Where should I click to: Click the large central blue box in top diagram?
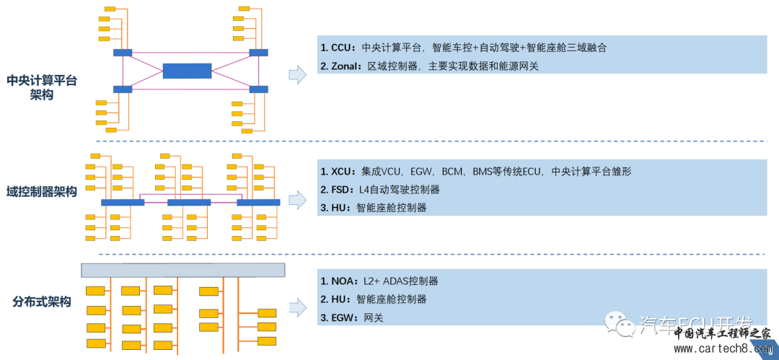188,71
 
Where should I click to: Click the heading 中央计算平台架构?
42,87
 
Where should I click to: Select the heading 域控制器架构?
42,191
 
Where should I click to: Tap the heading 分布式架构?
42,302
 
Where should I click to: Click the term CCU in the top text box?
340,48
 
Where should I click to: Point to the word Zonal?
344,66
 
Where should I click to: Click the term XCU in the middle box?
340,172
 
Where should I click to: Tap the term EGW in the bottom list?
342,317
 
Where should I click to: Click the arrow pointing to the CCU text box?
296,74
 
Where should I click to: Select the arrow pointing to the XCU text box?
296,198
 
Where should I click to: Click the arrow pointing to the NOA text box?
296,307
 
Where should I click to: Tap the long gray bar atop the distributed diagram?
182,270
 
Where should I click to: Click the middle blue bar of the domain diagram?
189,203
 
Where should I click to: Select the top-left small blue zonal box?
122,52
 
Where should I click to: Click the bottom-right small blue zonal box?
258,89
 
